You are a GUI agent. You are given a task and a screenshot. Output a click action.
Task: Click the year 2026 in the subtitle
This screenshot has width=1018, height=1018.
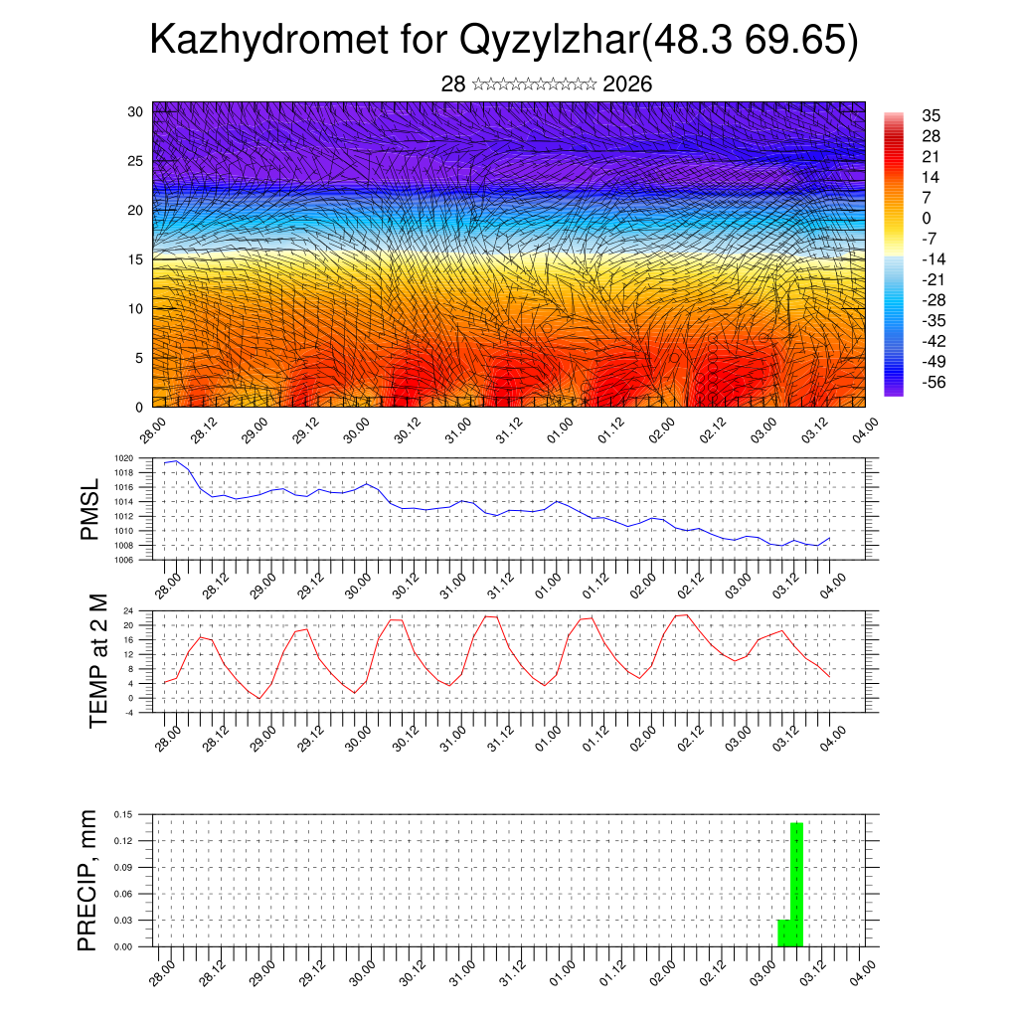[x=627, y=85]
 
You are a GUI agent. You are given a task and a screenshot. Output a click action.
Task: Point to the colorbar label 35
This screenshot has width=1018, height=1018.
[x=932, y=115]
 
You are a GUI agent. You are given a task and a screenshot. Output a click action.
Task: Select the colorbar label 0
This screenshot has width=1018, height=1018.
[x=927, y=218]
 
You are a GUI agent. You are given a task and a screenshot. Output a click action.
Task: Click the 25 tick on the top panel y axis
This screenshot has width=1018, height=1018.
[x=134, y=160]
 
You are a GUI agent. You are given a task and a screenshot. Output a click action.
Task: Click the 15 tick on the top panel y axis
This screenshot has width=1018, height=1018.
[x=134, y=258]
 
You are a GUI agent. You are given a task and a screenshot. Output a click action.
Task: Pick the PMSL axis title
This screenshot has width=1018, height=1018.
[x=90, y=509]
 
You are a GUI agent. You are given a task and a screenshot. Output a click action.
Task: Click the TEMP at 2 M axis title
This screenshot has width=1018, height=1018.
[x=98, y=661]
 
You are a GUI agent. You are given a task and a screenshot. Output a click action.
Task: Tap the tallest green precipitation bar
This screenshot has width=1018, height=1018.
[x=796, y=884]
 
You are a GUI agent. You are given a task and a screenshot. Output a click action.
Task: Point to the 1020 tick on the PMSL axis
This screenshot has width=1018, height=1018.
[x=123, y=458]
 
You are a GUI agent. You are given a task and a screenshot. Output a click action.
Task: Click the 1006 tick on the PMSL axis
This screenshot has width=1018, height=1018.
[x=123, y=560]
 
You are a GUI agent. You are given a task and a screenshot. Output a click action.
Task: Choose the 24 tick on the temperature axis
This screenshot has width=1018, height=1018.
[x=128, y=610]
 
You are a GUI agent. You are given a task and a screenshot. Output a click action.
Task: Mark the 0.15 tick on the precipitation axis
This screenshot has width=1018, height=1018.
[x=123, y=814]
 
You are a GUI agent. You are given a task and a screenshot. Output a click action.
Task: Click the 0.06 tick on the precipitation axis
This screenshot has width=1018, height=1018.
[x=123, y=894]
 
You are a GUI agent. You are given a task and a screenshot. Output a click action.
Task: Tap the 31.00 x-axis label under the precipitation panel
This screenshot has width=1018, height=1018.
[x=460, y=975]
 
